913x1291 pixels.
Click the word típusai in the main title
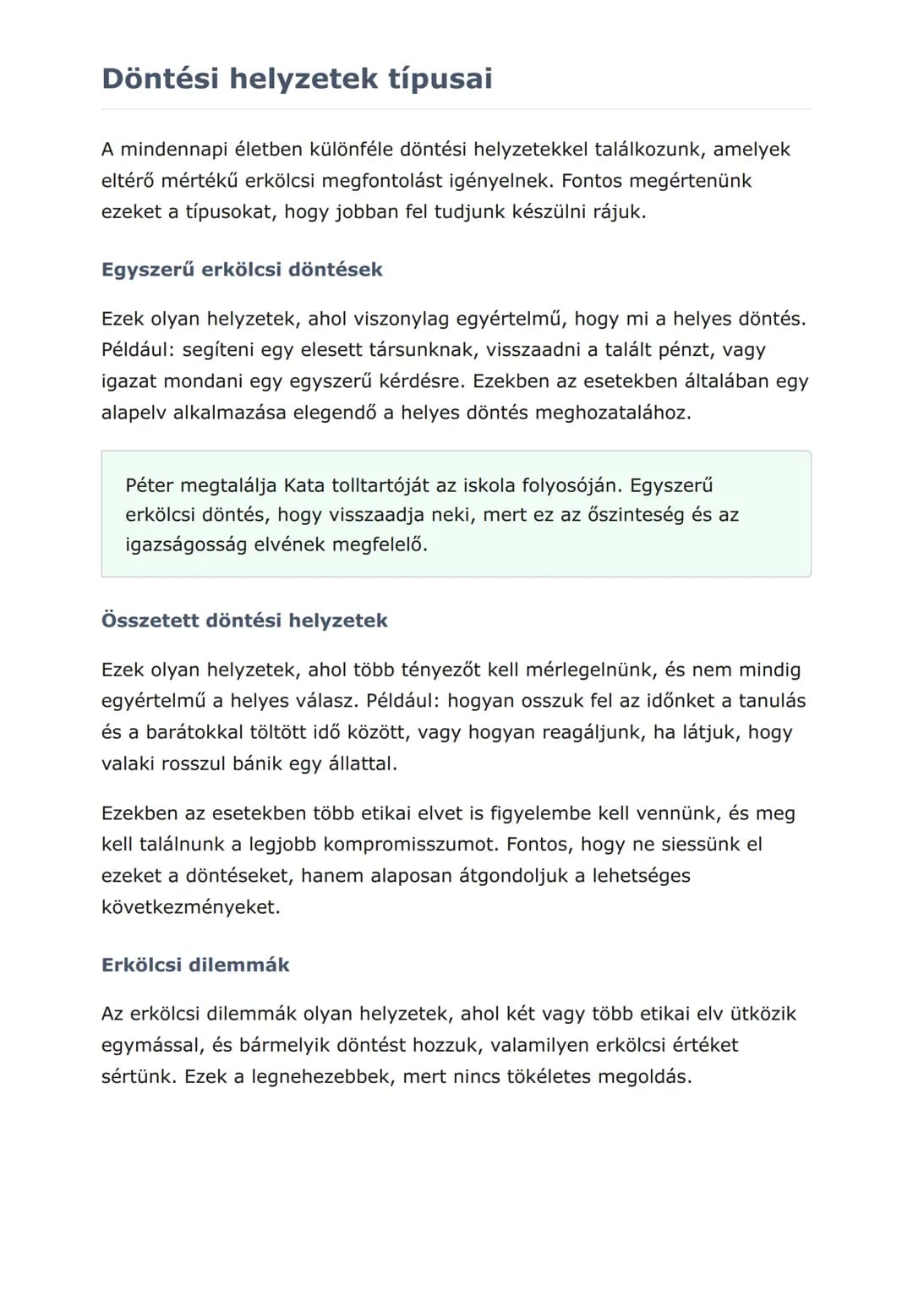(440, 79)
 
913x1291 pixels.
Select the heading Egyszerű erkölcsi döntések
(242, 270)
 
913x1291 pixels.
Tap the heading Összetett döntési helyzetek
(244, 621)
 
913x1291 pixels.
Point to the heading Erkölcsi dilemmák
(195, 965)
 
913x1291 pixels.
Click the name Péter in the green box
(150, 485)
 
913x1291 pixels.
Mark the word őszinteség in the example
(635, 515)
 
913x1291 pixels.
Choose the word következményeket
(190, 907)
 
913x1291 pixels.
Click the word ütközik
(763, 1014)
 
